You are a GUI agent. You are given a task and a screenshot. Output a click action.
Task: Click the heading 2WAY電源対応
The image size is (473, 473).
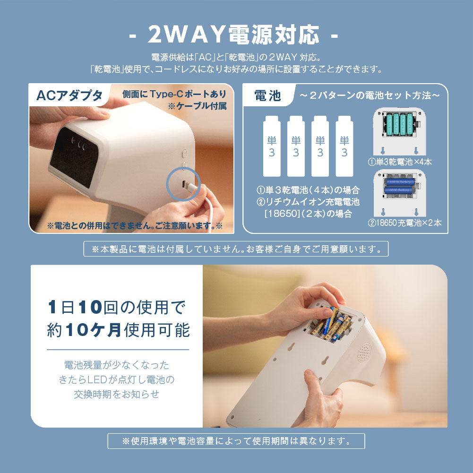pyautogui.click(x=233, y=34)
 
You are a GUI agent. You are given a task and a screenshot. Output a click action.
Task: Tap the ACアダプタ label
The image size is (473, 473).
pyautogui.click(x=69, y=95)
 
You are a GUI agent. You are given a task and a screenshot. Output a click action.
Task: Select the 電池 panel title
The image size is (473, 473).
pyautogui.click(x=267, y=95)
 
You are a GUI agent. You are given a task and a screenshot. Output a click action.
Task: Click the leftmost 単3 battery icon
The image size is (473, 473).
pyautogui.click(x=272, y=146)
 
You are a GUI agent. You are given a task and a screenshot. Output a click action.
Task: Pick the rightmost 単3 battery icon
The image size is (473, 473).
pyautogui.click(x=344, y=146)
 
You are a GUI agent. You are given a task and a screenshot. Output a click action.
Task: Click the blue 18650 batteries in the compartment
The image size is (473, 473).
pyautogui.click(x=400, y=186)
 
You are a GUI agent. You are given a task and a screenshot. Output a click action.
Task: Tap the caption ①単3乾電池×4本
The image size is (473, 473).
pyautogui.click(x=400, y=162)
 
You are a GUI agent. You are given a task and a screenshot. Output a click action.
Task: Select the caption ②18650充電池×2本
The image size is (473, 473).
pyautogui.click(x=404, y=223)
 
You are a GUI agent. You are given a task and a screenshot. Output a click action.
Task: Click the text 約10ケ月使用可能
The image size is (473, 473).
pyautogui.click(x=118, y=329)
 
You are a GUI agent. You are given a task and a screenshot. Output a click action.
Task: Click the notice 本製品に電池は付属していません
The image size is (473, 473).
pyautogui.click(x=236, y=249)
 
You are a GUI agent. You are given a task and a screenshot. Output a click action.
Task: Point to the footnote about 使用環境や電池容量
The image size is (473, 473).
pyautogui.click(x=236, y=441)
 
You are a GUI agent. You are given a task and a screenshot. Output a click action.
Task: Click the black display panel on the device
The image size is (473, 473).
pyautogui.click(x=74, y=157)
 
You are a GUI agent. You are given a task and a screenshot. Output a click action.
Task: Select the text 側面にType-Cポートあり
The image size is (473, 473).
pyautogui.click(x=174, y=94)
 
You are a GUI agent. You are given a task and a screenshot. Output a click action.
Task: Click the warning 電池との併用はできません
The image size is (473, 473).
pyautogui.click(x=135, y=226)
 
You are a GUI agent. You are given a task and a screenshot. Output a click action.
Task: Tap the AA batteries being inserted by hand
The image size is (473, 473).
pyautogui.click(x=332, y=325)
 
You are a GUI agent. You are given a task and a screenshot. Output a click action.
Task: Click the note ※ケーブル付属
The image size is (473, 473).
pyautogui.click(x=198, y=106)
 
